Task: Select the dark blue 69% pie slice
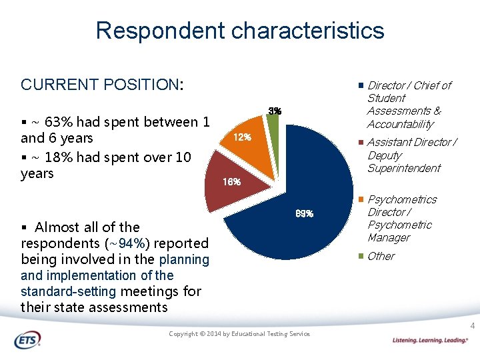coord(300,200)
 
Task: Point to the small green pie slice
coord(273,122)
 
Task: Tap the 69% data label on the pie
coord(303,214)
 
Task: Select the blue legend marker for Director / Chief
coord(361,86)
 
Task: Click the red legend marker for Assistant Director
coord(361,143)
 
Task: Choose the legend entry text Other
coord(381,257)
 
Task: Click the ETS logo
coord(27,340)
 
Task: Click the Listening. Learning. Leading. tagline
coord(430,340)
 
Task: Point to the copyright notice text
coord(239,333)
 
